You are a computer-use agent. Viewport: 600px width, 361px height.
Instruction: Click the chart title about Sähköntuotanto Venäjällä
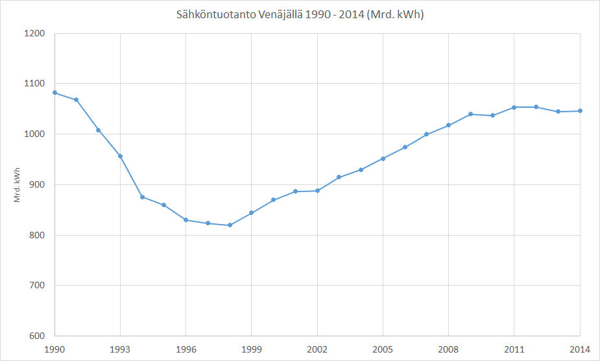point(300,14)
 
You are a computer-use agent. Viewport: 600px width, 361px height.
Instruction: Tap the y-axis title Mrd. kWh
point(18,184)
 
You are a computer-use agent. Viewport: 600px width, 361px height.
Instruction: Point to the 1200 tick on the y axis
point(35,33)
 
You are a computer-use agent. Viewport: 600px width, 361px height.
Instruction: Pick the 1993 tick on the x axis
point(121,349)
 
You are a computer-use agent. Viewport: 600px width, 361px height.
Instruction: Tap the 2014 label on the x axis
point(579,349)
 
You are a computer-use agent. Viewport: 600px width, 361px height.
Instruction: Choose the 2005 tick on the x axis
point(383,349)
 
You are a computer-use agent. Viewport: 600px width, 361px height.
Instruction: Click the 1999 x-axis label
point(252,349)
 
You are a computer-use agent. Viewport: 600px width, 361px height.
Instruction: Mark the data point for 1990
point(55,93)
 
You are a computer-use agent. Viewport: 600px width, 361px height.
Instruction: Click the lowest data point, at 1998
point(230,225)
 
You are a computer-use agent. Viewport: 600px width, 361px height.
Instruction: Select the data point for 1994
point(143,197)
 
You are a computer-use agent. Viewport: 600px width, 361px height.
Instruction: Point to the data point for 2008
point(448,125)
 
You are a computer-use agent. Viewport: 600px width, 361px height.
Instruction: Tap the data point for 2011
point(514,107)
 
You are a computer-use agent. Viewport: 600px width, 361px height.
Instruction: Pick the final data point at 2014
point(579,111)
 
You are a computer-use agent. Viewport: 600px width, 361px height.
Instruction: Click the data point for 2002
point(317,191)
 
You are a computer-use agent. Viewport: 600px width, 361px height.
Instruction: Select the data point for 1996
point(186,220)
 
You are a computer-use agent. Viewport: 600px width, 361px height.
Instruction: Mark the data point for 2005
point(383,158)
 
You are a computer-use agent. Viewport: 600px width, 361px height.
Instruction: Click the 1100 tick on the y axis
point(35,84)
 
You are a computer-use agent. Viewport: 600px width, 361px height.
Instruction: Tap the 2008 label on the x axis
point(448,349)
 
